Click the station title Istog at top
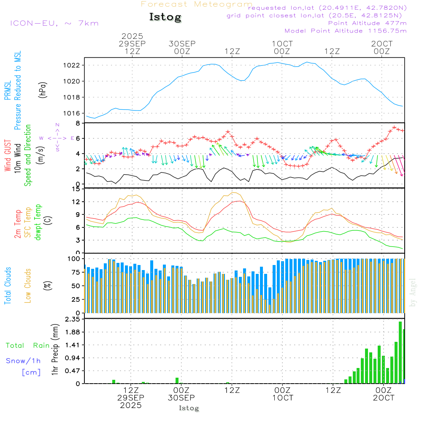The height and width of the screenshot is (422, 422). [x=165, y=17]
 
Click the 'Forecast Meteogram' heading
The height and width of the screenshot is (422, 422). [x=197, y=4]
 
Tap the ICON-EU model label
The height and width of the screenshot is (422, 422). [x=54, y=23]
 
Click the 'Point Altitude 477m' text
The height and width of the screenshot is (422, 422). [x=367, y=23]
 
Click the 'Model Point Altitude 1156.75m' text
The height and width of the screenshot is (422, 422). [x=345, y=31]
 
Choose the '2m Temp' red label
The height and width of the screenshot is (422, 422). [x=18, y=223]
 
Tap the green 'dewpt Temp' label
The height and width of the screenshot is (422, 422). [x=38, y=222]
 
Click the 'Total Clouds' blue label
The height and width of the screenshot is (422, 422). [x=8, y=286]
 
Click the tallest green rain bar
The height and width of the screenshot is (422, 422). [x=400, y=352]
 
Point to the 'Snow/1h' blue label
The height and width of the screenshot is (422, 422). [x=23, y=361]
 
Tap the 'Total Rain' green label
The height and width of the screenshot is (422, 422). [x=27, y=345]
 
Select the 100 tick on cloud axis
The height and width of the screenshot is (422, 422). [x=74, y=258]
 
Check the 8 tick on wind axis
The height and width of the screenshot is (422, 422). [x=78, y=123]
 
